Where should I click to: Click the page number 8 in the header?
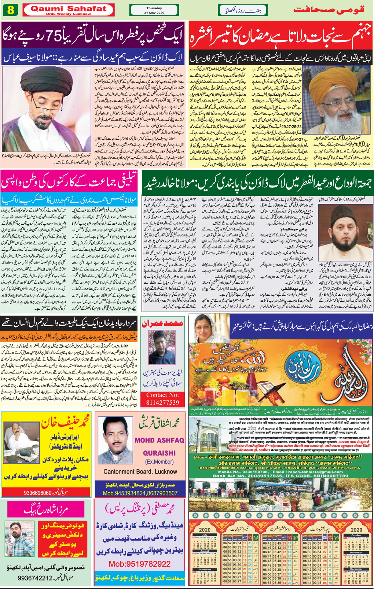point(11,10)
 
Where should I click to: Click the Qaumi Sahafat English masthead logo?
point(68,9)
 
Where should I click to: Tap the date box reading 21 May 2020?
point(154,10)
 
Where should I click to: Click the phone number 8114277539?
point(162,402)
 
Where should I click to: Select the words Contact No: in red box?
point(162,395)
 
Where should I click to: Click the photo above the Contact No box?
point(162,347)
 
